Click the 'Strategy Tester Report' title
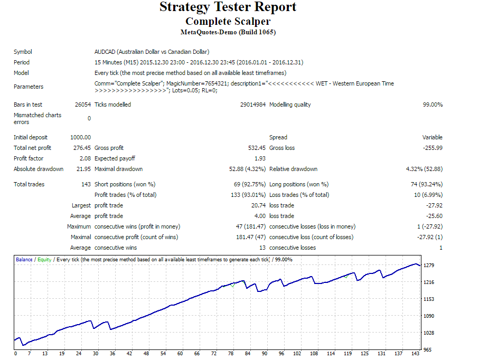coord(228,7)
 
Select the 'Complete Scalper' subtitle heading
coord(228,22)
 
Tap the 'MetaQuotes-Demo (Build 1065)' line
coord(228,32)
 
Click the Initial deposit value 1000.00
coord(80,137)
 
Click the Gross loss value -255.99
coord(433,148)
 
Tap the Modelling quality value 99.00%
coord(433,105)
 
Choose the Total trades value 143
coord(86,184)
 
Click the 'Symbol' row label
coord(23,52)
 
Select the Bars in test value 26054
coord(83,105)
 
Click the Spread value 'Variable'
coord(433,137)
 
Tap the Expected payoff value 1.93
coord(260,158)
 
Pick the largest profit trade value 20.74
coord(258,205)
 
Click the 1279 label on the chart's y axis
coord(429,265)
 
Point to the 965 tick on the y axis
coord(428,349)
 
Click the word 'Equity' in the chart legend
coord(44,260)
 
